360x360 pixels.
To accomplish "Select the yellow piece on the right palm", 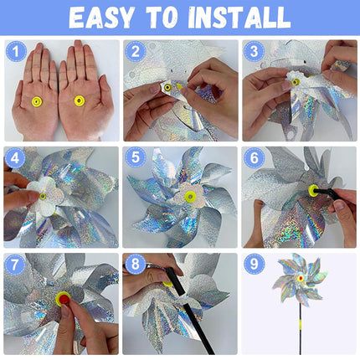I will click(x=79, y=101).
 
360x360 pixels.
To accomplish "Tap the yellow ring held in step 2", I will click(x=167, y=87).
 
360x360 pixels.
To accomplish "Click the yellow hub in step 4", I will click(x=43, y=196).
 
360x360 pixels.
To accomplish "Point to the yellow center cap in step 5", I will click(x=190, y=198).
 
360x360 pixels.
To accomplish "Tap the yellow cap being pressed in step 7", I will click(x=63, y=297).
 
